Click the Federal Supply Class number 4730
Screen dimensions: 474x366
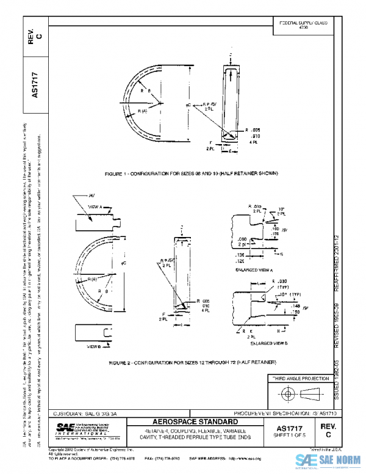click(x=303, y=28)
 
